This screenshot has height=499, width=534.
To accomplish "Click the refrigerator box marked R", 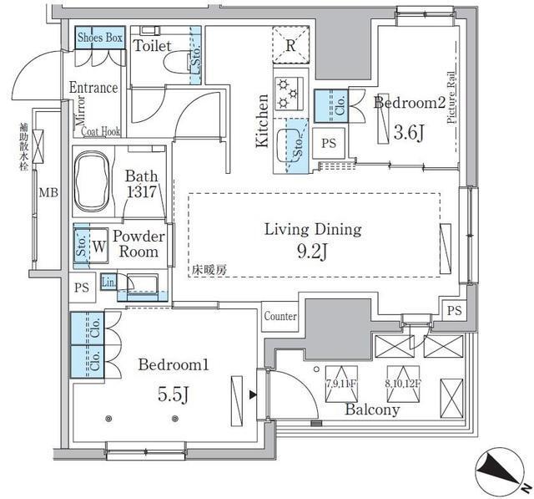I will tap(290, 46).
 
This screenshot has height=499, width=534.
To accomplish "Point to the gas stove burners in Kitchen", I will tap(289, 92).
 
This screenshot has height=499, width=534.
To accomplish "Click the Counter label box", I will tap(280, 317).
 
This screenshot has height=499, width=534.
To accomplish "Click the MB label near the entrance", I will tap(48, 194).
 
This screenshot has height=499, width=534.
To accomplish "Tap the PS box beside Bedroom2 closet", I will tap(329, 143).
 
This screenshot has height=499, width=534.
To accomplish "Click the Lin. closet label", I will tap(108, 283).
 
